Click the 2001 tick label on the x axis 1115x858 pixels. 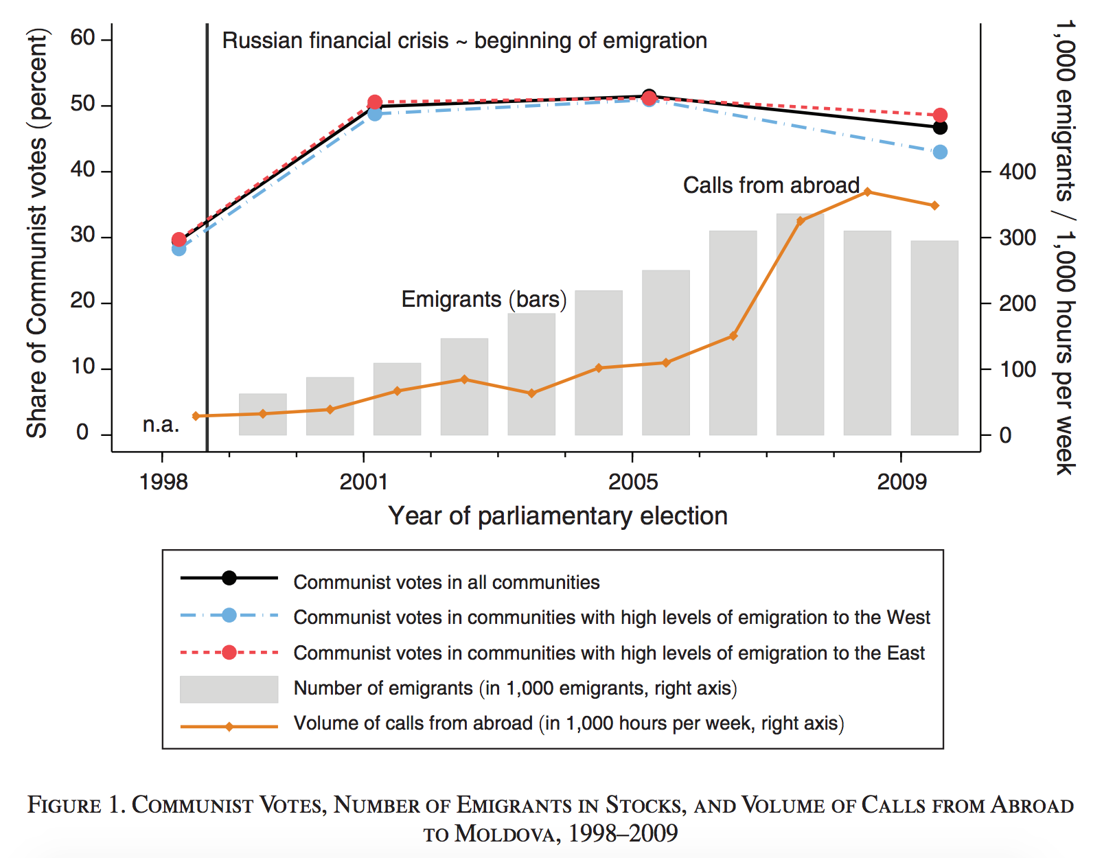pos(363,482)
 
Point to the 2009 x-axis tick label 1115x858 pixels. pos(901,482)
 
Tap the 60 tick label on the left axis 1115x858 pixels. pos(82,38)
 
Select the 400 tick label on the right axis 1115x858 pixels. pos(1018,172)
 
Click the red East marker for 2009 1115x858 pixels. pos(940,115)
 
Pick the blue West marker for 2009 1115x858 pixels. pos(940,152)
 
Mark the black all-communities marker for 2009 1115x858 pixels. pos(940,128)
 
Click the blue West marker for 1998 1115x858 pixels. pos(179,249)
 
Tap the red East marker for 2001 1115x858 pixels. pos(375,103)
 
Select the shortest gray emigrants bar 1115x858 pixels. pos(262,415)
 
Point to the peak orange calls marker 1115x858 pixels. pos(867,192)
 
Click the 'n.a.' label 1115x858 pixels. pos(161,425)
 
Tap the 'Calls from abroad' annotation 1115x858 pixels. pos(770,185)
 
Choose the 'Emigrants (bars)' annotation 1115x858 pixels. pos(483,300)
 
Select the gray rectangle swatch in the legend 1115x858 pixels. pos(229,689)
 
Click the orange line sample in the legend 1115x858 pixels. pos(229,726)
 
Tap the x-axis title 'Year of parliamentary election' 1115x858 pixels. pos(557,516)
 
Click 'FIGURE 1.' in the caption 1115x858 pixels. pos(76,804)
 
